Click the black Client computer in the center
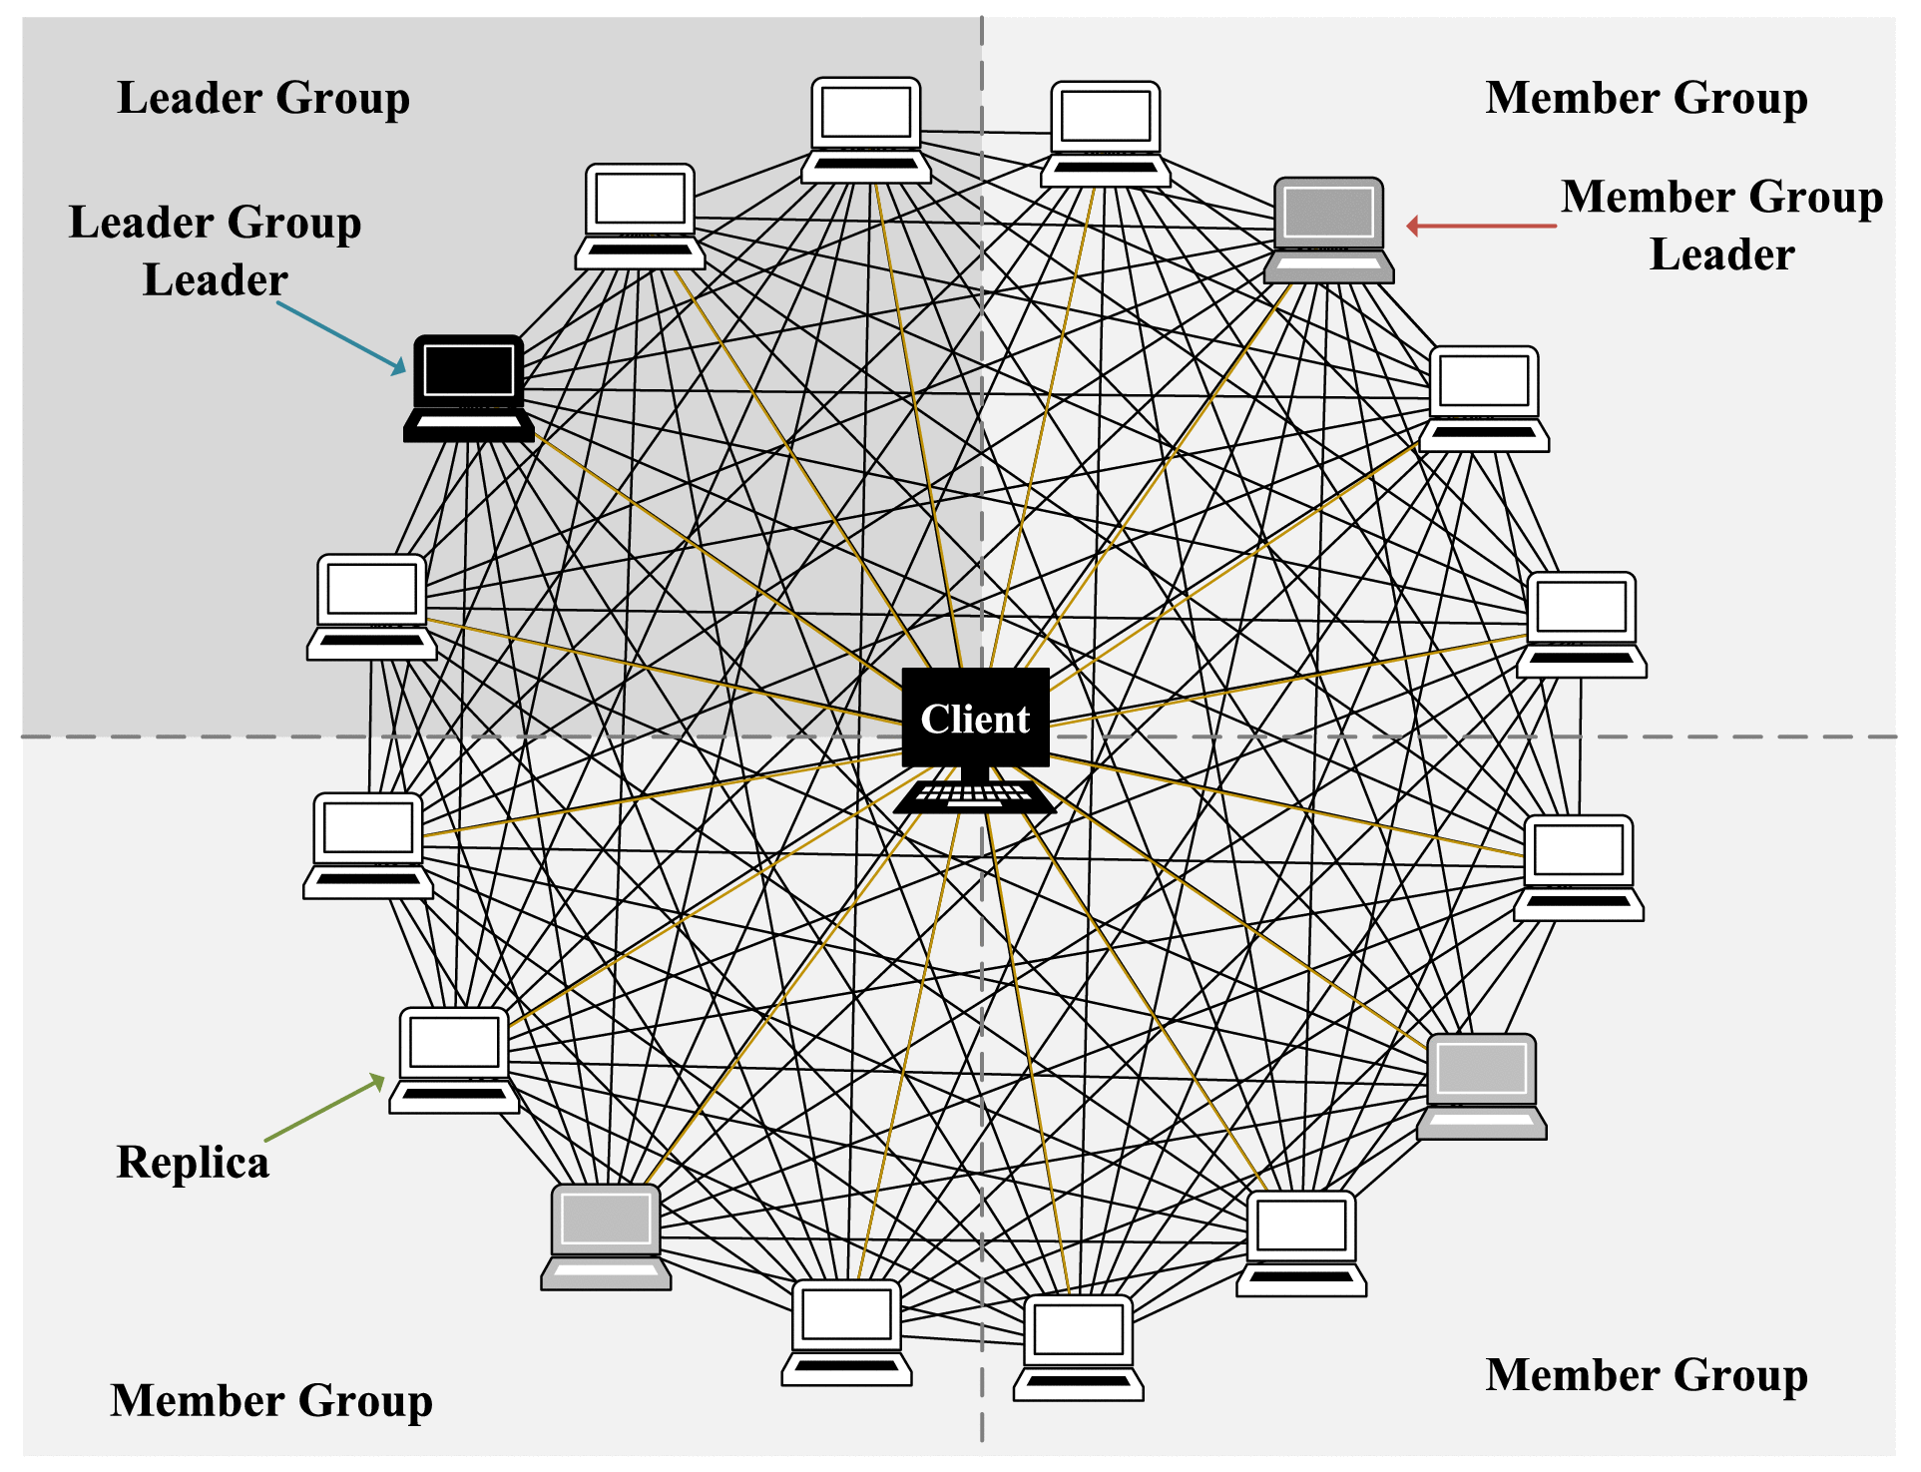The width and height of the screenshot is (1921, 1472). [x=975, y=738]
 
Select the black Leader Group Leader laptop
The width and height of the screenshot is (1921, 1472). [x=469, y=388]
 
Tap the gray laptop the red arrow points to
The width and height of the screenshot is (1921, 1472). [x=1329, y=231]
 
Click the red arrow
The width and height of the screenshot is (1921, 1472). [x=1481, y=227]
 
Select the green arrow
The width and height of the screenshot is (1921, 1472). [x=325, y=1108]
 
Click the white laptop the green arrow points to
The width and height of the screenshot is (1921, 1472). [x=454, y=1060]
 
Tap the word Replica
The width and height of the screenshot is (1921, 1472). [x=193, y=1163]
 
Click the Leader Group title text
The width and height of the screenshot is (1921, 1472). [x=263, y=98]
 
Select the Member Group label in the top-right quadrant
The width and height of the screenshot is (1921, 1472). [x=1646, y=98]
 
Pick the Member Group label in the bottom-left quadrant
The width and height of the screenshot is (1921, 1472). [x=271, y=1400]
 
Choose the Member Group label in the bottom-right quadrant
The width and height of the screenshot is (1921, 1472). [x=1646, y=1374]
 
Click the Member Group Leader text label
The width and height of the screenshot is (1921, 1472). [x=1721, y=225]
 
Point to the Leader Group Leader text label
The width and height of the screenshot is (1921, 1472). [x=215, y=250]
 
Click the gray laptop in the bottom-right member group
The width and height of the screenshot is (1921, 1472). [x=1482, y=1086]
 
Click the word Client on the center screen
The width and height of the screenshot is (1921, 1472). [x=975, y=719]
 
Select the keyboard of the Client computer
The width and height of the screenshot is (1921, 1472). [x=975, y=795]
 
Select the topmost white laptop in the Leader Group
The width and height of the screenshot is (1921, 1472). [x=866, y=130]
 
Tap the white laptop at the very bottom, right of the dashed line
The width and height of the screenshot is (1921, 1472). [x=1079, y=1347]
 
